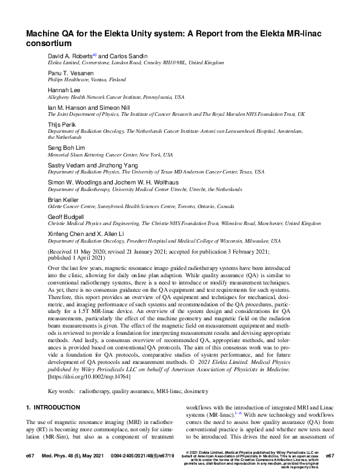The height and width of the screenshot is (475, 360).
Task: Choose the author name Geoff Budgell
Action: click(65, 215)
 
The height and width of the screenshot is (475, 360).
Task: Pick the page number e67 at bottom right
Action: click(330, 455)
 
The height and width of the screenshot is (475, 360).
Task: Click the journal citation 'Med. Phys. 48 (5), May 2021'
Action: click(78, 455)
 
